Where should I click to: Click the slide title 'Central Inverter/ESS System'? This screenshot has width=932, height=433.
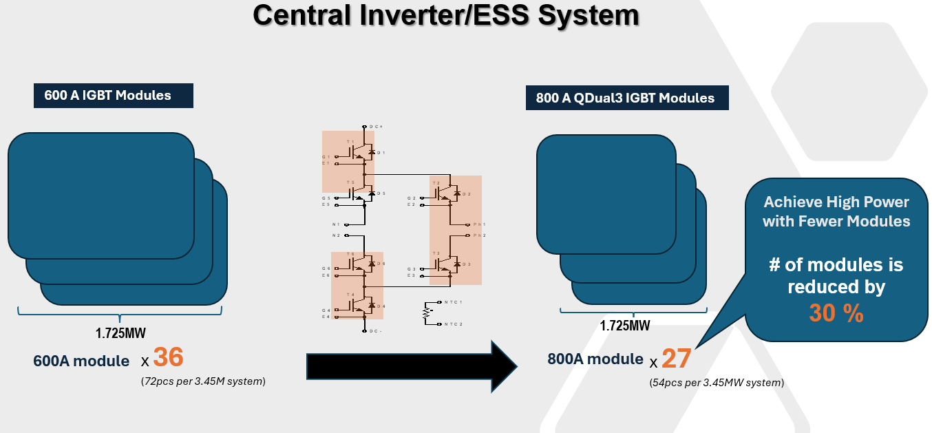446,15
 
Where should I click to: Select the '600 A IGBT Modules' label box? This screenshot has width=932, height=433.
113,96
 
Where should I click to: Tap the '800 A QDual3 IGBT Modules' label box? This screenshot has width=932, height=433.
625,98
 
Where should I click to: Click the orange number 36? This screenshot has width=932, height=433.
168,357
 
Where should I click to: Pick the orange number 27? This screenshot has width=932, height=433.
676,358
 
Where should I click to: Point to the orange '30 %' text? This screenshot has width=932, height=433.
836,313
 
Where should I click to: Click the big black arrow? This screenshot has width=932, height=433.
410,366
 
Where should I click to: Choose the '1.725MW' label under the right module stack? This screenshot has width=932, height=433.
624,326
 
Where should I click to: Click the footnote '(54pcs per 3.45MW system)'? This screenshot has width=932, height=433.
717,382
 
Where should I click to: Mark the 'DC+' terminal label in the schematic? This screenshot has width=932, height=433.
376,127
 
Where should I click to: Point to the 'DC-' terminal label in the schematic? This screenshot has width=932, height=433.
376,330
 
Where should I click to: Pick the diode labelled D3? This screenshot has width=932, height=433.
455,264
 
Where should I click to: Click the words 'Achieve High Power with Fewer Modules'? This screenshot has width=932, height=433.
836,211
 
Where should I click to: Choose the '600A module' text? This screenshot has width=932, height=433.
81,361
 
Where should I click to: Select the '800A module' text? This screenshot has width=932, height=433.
595,359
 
